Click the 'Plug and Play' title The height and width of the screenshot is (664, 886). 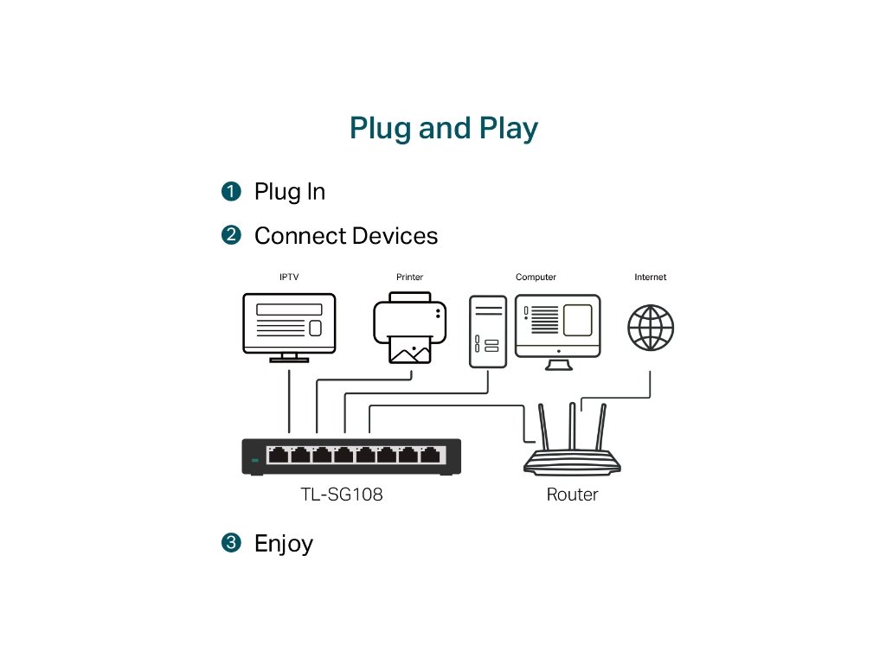444,129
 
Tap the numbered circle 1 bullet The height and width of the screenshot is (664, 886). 231,191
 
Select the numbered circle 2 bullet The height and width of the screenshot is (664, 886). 231,235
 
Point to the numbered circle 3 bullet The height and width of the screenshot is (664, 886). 231,543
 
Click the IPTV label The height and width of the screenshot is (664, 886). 289,277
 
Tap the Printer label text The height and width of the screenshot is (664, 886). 409,277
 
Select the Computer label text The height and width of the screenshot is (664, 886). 536,277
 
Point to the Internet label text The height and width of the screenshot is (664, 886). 651,277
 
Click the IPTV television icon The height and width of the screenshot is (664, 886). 289,328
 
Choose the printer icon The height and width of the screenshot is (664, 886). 409,328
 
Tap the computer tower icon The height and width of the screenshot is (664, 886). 488,331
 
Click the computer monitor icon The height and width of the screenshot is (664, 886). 558,332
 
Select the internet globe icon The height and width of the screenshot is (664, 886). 651,328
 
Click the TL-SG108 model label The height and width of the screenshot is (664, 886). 342,495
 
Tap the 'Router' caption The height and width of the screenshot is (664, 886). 572,495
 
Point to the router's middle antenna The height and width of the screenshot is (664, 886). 573,425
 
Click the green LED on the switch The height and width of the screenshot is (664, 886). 255,461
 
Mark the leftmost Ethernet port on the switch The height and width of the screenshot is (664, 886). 278,455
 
